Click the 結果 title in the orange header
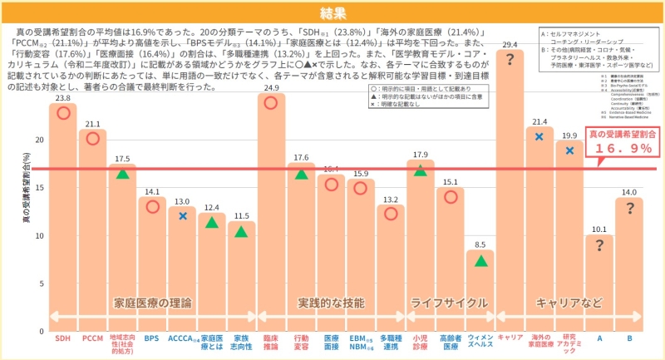click(x=332, y=12)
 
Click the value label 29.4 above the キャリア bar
click(x=510, y=44)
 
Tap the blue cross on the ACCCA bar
click(x=183, y=216)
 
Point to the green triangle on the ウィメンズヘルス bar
click(x=480, y=260)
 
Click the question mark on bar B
click(x=629, y=209)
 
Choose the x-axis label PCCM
click(x=93, y=338)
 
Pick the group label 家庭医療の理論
click(x=152, y=303)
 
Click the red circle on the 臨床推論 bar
click(x=271, y=101)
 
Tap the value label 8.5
click(x=480, y=244)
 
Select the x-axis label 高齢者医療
click(x=451, y=343)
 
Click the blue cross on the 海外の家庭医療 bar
click(x=539, y=136)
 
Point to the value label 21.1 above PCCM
click(x=93, y=124)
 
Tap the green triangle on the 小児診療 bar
click(x=421, y=170)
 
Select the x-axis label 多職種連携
click(x=390, y=343)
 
